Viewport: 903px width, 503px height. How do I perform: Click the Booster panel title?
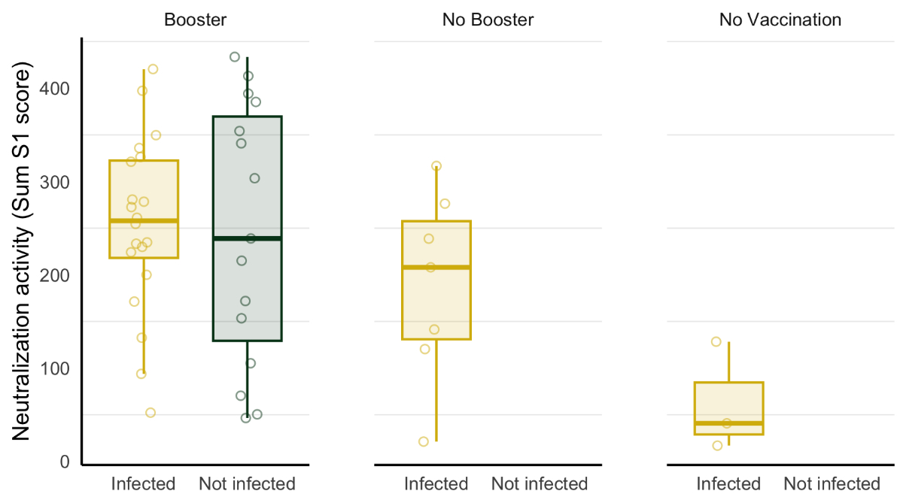tap(195, 20)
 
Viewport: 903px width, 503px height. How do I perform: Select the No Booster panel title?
tap(488, 20)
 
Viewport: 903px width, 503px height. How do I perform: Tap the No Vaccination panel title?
tap(780, 20)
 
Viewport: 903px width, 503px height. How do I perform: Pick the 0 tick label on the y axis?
tap(65, 462)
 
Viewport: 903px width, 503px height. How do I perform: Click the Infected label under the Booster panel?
tap(143, 483)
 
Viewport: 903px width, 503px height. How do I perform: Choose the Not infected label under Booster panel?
tap(247, 483)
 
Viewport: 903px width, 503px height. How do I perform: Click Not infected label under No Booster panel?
tap(540, 483)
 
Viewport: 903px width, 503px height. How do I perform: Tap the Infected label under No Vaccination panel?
tap(728, 483)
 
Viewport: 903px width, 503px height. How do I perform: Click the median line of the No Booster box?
tap(436, 267)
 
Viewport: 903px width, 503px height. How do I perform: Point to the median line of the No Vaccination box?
tap(728, 423)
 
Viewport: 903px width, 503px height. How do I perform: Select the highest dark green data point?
tap(235, 57)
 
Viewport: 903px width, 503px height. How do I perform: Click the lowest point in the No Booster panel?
tap(424, 441)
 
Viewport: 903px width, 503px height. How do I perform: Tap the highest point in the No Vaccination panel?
tap(716, 341)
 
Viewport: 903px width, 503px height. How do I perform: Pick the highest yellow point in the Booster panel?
tap(153, 69)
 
